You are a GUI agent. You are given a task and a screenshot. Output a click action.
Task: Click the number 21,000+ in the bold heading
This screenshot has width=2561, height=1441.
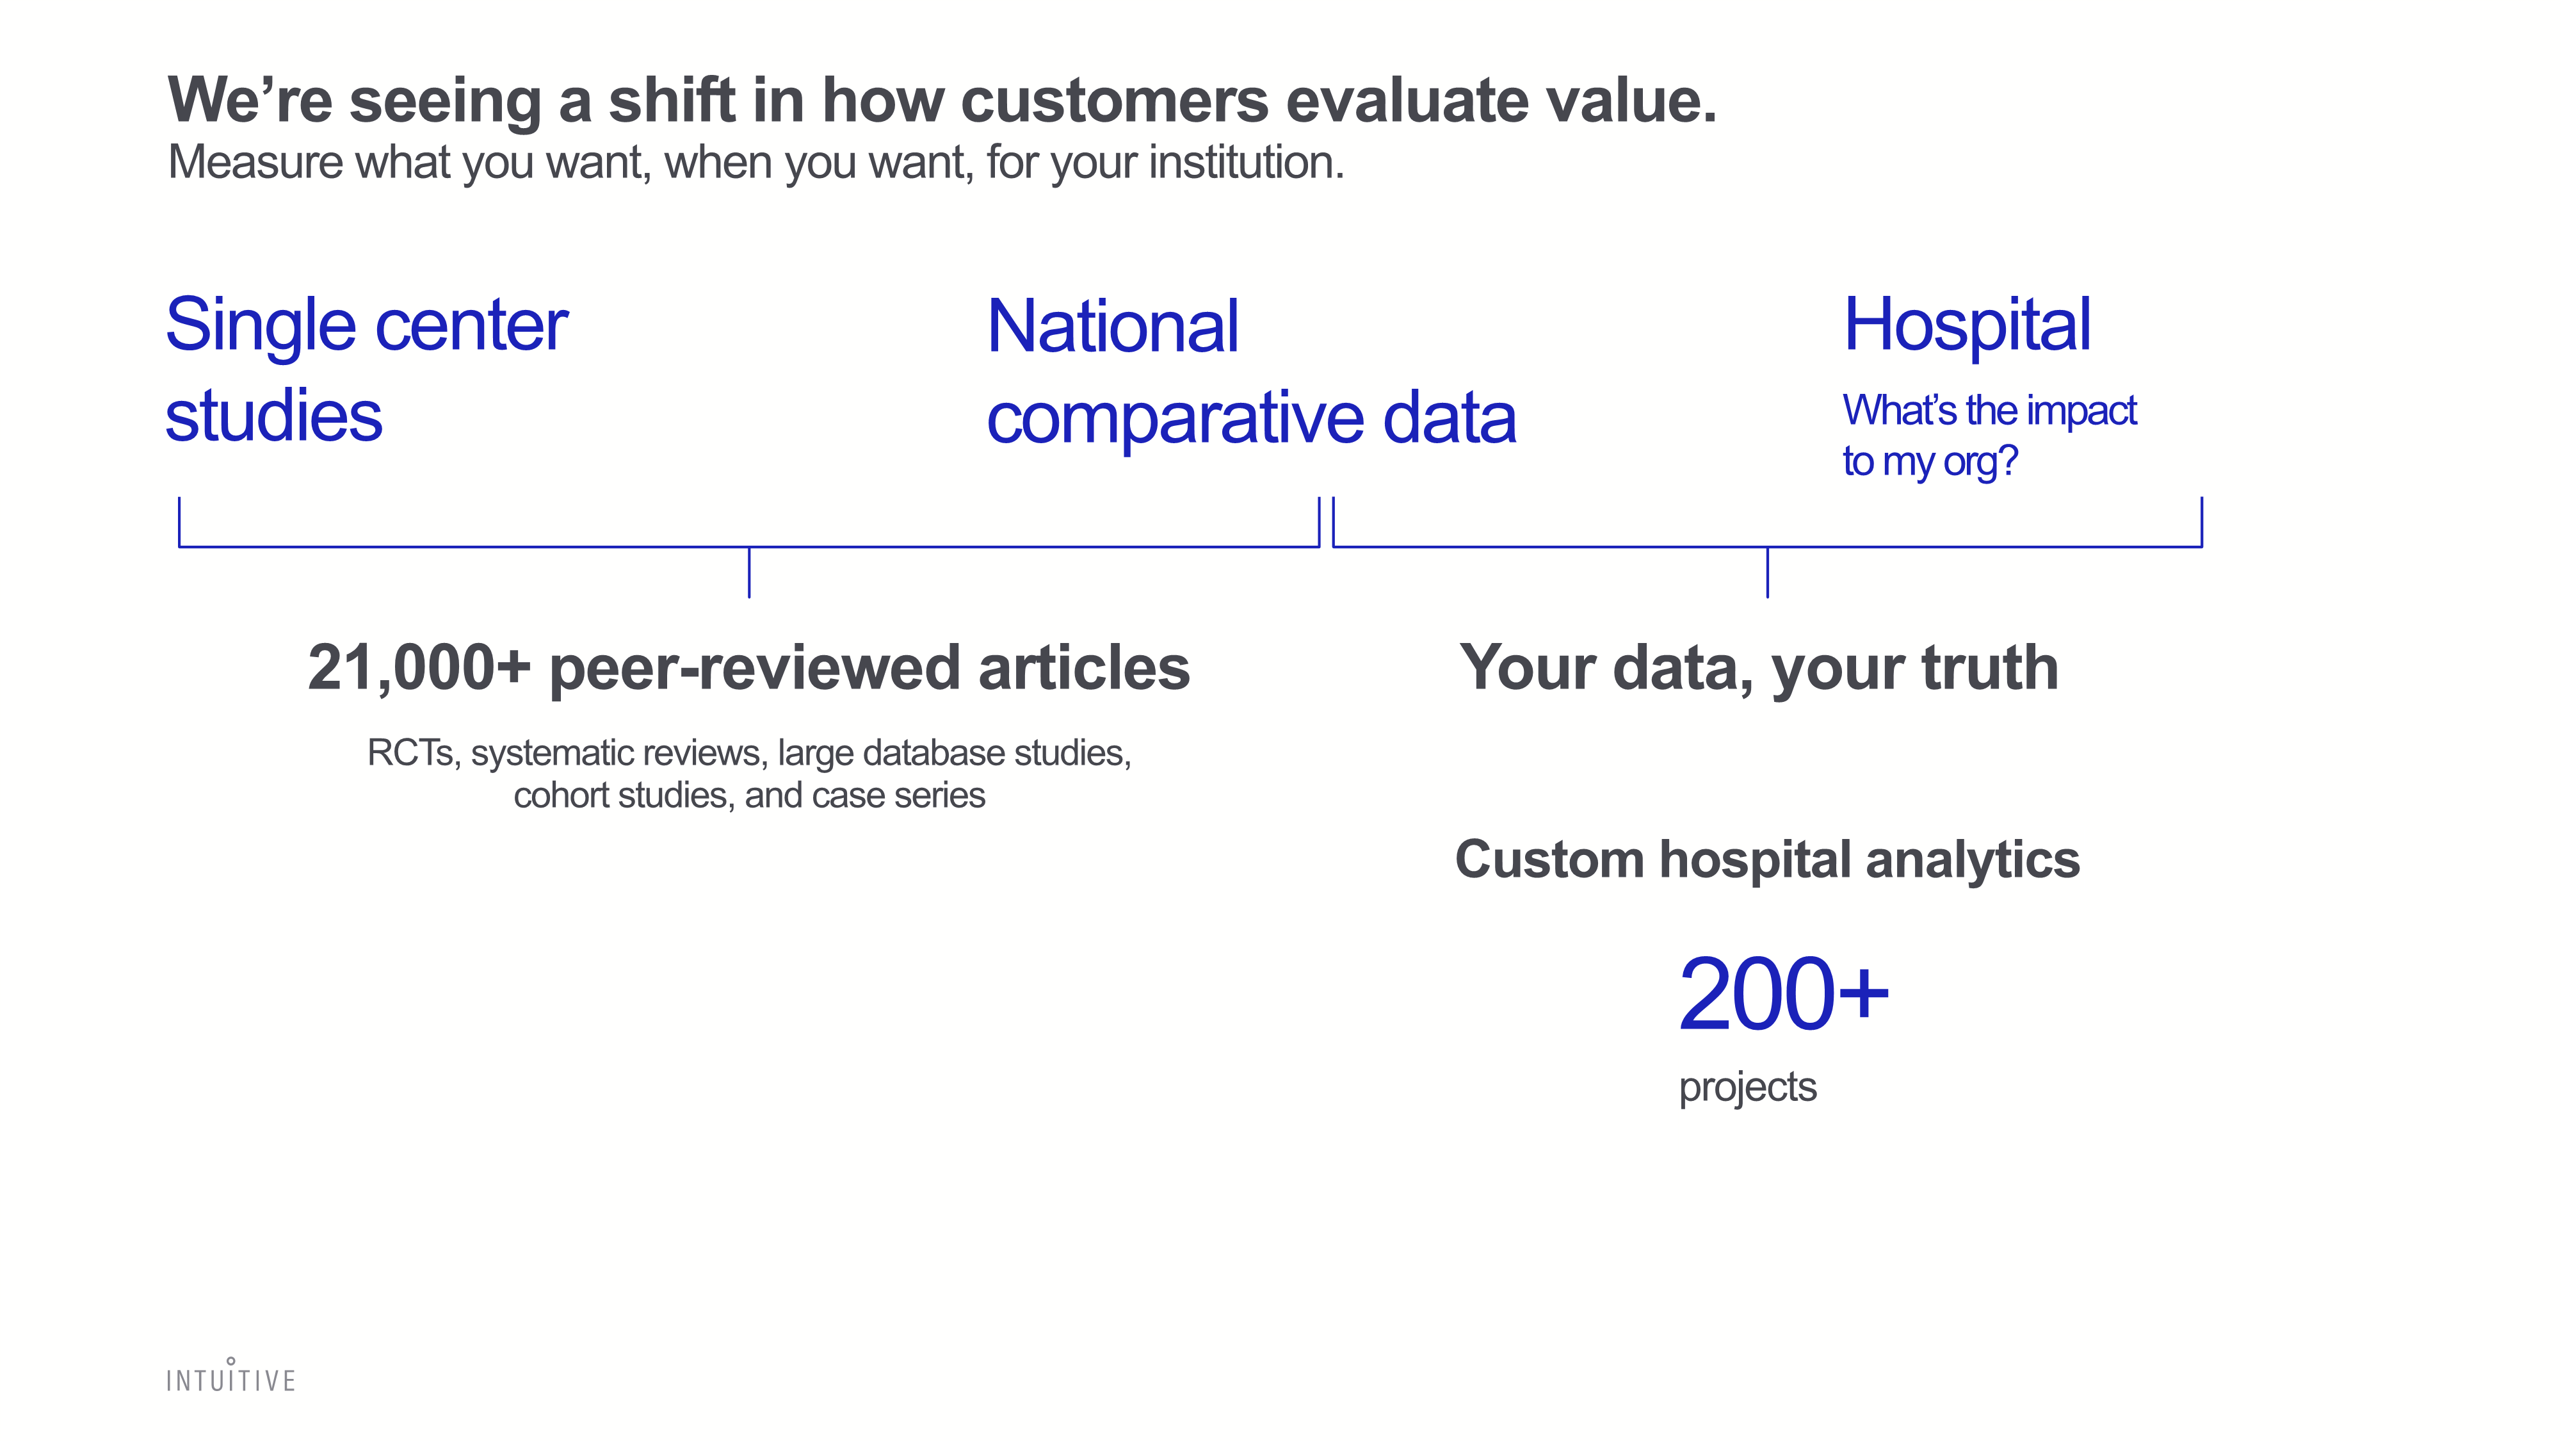click(x=419, y=667)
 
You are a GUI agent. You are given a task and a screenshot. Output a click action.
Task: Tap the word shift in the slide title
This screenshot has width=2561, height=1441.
click(x=672, y=101)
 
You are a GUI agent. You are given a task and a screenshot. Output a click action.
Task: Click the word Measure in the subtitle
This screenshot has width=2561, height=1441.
click(x=255, y=162)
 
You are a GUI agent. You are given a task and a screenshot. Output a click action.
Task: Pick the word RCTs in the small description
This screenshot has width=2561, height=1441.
click(x=410, y=753)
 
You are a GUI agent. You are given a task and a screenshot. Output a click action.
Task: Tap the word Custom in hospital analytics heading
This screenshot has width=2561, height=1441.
click(x=1549, y=860)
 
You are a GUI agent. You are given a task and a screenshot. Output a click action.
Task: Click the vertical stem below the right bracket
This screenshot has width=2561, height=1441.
click(x=1768, y=573)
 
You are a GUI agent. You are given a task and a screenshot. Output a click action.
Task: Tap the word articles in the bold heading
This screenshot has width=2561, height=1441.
click(x=1085, y=667)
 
